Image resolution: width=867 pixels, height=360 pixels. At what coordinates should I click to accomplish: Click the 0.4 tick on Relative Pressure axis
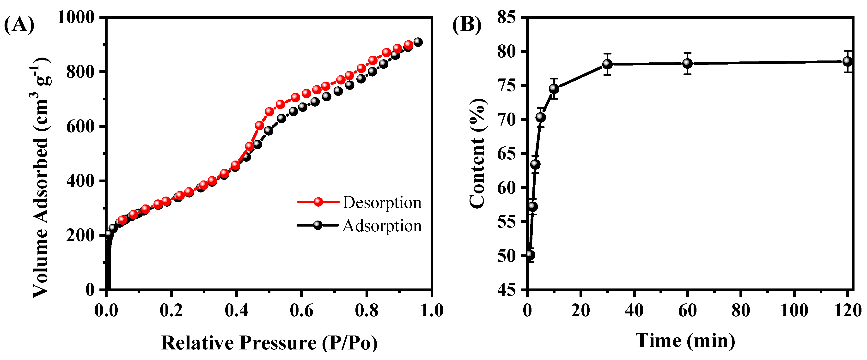tap(236, 310)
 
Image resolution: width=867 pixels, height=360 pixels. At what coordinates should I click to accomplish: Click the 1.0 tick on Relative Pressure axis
tap(432, 310)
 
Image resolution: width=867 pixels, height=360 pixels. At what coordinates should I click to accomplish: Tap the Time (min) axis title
tap(685, 341)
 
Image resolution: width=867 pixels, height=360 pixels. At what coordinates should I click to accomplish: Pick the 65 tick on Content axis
tap(507, 154)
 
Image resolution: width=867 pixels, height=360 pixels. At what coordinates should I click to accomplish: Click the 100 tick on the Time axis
tap(794, 310)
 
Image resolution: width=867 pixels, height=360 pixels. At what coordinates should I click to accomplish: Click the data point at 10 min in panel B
tap(554, 89)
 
